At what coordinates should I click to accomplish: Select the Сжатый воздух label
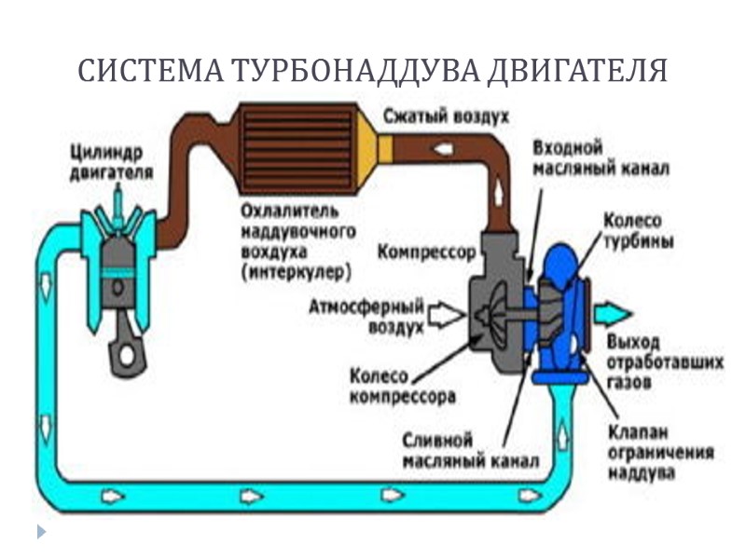pyautogui.click(x=445, y=118)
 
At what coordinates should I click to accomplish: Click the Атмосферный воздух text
pyautogui.click(x=367, y=314)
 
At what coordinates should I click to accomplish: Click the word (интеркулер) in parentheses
pyautogui.click(x=295, y=272)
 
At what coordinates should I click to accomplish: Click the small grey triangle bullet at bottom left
pyautogui.click(x=40, y=532)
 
